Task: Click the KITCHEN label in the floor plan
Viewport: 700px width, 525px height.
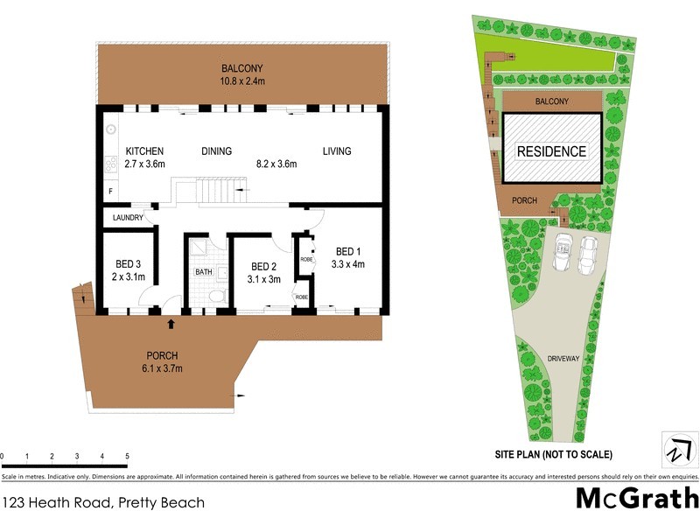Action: coord(144,151)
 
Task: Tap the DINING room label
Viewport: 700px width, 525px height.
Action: coord(216,151)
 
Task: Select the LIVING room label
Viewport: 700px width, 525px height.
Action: coord(336,151)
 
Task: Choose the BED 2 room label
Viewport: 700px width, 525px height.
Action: coord(264,267)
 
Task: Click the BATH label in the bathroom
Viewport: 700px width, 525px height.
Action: coord(203,272)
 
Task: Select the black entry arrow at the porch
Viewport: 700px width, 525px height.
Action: coord(171,324)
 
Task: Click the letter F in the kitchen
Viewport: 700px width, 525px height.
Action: coord(110,190)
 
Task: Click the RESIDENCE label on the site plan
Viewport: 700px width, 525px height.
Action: coord(551,151)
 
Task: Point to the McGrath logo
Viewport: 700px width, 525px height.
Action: coord(636,499)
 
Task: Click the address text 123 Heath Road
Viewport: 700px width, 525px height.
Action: coord(103,502)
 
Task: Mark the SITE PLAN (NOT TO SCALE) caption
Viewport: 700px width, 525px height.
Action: coord(553,454)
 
